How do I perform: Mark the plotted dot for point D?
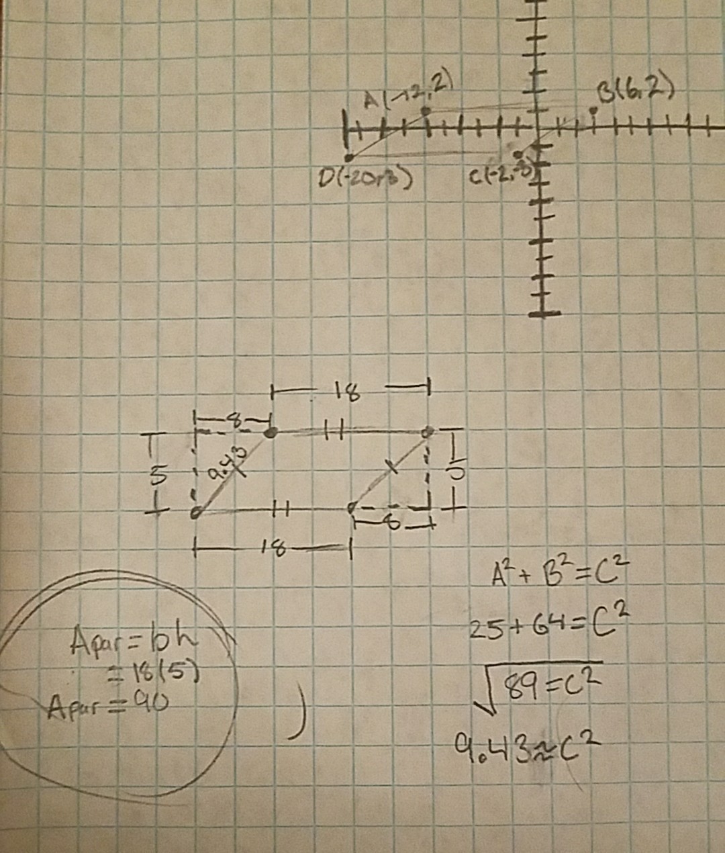point(348,157)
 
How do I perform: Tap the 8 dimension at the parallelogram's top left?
point(233,421)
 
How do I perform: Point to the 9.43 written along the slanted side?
point(227,467)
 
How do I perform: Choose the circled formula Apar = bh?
point(134,643)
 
